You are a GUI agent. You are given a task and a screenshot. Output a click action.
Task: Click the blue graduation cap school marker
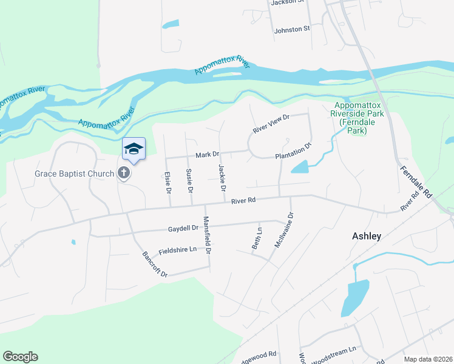tap(134, 149)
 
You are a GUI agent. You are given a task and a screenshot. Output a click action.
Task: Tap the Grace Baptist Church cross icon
tap(124, 174)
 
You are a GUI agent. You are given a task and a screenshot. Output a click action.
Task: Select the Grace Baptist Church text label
tap(75, 174)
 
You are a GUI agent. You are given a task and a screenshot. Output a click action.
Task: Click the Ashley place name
tap(367, 237)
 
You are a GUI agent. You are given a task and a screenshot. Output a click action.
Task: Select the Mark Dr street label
tap(207, 155)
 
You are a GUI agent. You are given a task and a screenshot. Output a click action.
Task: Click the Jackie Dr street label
tap(222, 173)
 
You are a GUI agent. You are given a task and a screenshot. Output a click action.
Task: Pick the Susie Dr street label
tap(189, 181)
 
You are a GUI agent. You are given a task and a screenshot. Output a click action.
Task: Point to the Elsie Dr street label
tap(168, 182)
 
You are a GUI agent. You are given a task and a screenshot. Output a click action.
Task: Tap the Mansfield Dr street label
tap(207, 235)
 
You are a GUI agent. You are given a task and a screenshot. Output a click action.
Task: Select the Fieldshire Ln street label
tap(178, 250)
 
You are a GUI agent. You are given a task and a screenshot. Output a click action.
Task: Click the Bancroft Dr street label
tap(155, 265)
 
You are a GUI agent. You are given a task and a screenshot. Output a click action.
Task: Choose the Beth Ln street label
tap(257, 238)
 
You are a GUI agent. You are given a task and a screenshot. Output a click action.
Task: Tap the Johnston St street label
tap(292, 29)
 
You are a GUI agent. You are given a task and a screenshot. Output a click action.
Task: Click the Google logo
tap(20, 357)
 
